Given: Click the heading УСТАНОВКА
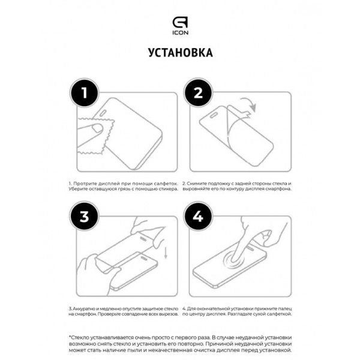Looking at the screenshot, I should point(179,53).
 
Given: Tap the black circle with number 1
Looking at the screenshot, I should point(85,94).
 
